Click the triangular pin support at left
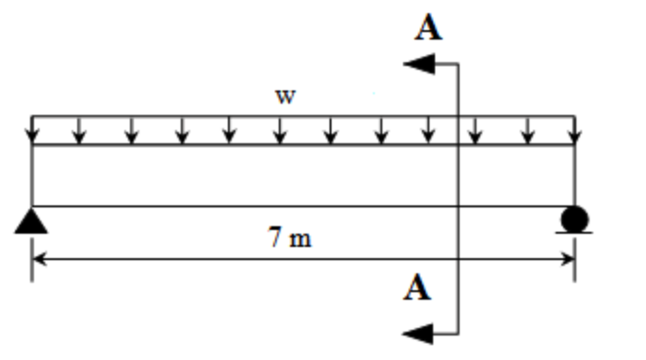[x=32, y=221]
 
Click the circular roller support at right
[x=574, y=220]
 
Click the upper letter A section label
[x=428, y=28]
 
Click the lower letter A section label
[x=417, y=287]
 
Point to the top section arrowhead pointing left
[x=418, y=64]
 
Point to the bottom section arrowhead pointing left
[x=418, y=332]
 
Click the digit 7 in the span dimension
[x=274, y=237]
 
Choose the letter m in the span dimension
[x=299, y=238]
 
